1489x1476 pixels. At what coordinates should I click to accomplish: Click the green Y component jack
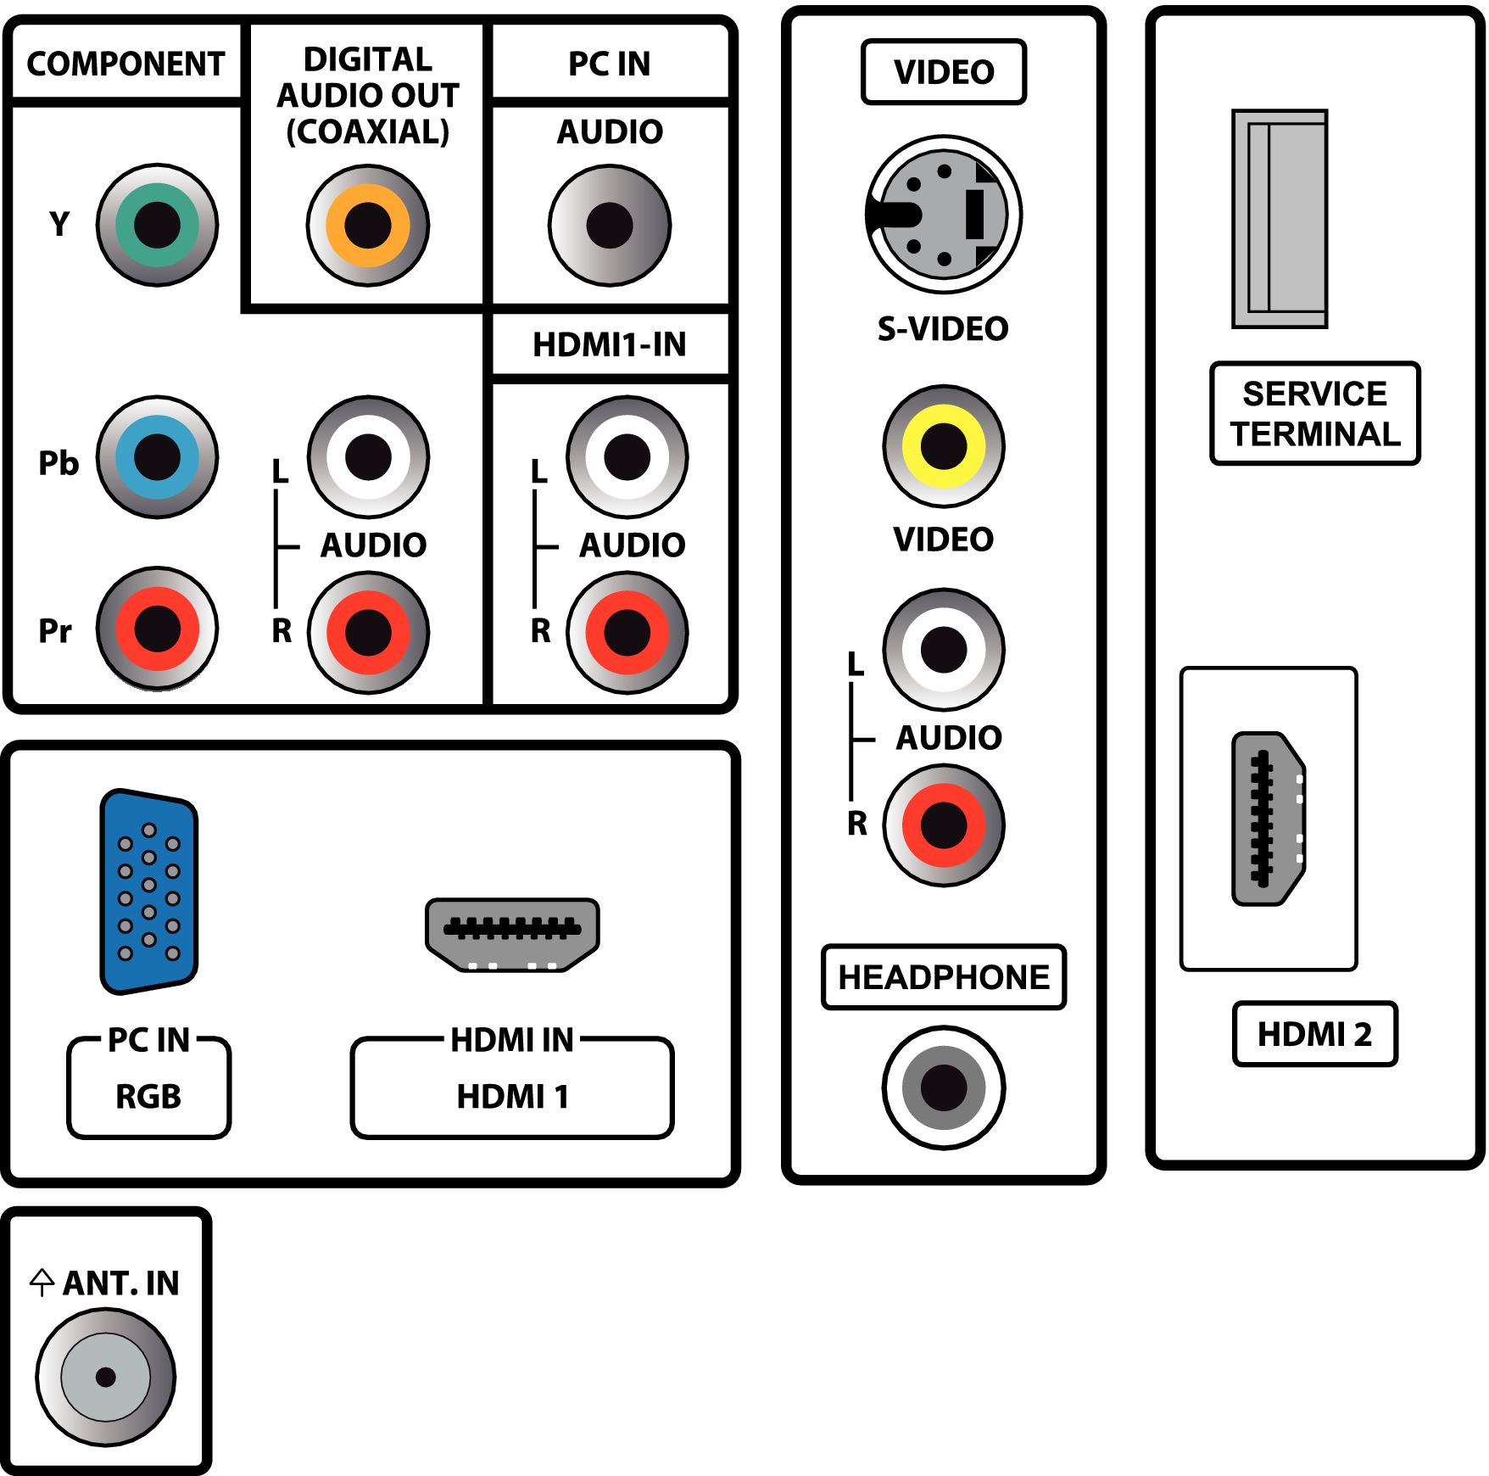pyautogui.click(x=157, y=225)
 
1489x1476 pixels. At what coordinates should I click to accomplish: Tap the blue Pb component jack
pyautogui.click(x=157, y=457)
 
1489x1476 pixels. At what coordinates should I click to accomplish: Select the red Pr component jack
pyautogui.click(x=157, y=629)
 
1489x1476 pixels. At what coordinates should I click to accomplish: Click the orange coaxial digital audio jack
pyautogui.click(x=368, y=226)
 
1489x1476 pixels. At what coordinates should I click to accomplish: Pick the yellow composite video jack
pyautogui.click(x=944, y=445)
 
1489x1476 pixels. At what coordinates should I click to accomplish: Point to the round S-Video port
pyautogui.click(x=944, y=215)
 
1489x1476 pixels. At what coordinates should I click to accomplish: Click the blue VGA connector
pyautogui.click(x=149, y=892)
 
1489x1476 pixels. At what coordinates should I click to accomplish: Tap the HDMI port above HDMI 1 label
pyautogui.click(x=512, y=935)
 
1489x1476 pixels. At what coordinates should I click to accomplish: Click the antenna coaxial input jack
pyautogui.click(x=106, y=1377)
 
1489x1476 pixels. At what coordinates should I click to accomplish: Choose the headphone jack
pyautogui.click(x=944, y=1087)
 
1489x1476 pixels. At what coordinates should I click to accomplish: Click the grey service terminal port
pyautogui.click(x=1280, y=219)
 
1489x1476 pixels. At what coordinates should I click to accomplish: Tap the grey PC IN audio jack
pyautogui.click(x=610, y=226)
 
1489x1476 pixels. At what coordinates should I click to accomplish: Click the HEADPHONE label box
pyautogui.click(x=944, y=977)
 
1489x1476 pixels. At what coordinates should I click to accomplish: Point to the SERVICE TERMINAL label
pyautogui.click(x=1315, y=414)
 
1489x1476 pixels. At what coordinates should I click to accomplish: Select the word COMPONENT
pyautogui.click(x=125, y=64)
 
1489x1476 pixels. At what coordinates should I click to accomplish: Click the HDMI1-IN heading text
pyautogui.click(x=610, y=344)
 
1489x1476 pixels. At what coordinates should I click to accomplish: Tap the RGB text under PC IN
pyautogui.click(x=148, y=1097)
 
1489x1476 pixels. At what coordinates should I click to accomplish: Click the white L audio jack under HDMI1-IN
pyautogui.click(x=627, y=457)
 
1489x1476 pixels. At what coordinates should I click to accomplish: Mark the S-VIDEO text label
pyautogui.click(x=943, y=329)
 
